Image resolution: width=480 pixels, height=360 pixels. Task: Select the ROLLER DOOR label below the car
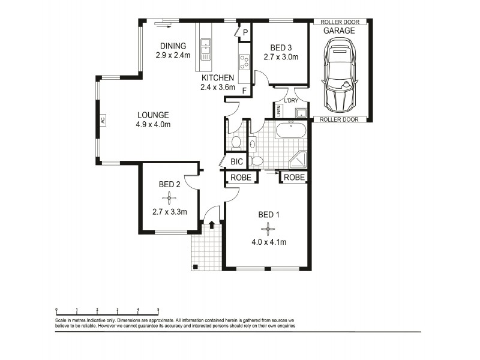338,119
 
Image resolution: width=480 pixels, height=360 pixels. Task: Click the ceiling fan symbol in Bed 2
170,197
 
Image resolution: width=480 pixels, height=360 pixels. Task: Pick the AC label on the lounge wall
103,121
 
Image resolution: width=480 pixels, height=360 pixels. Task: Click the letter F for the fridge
244,91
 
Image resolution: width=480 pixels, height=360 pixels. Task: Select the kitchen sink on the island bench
206,44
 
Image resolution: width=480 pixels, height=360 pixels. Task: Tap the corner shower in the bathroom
298,158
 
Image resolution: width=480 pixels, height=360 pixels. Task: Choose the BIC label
236,161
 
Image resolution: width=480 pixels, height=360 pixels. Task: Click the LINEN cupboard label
280,112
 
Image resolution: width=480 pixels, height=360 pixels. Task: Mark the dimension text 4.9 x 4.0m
153,125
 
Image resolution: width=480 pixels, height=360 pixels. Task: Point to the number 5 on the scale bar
158,310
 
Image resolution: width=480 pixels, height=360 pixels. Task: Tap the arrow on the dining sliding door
164,25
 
